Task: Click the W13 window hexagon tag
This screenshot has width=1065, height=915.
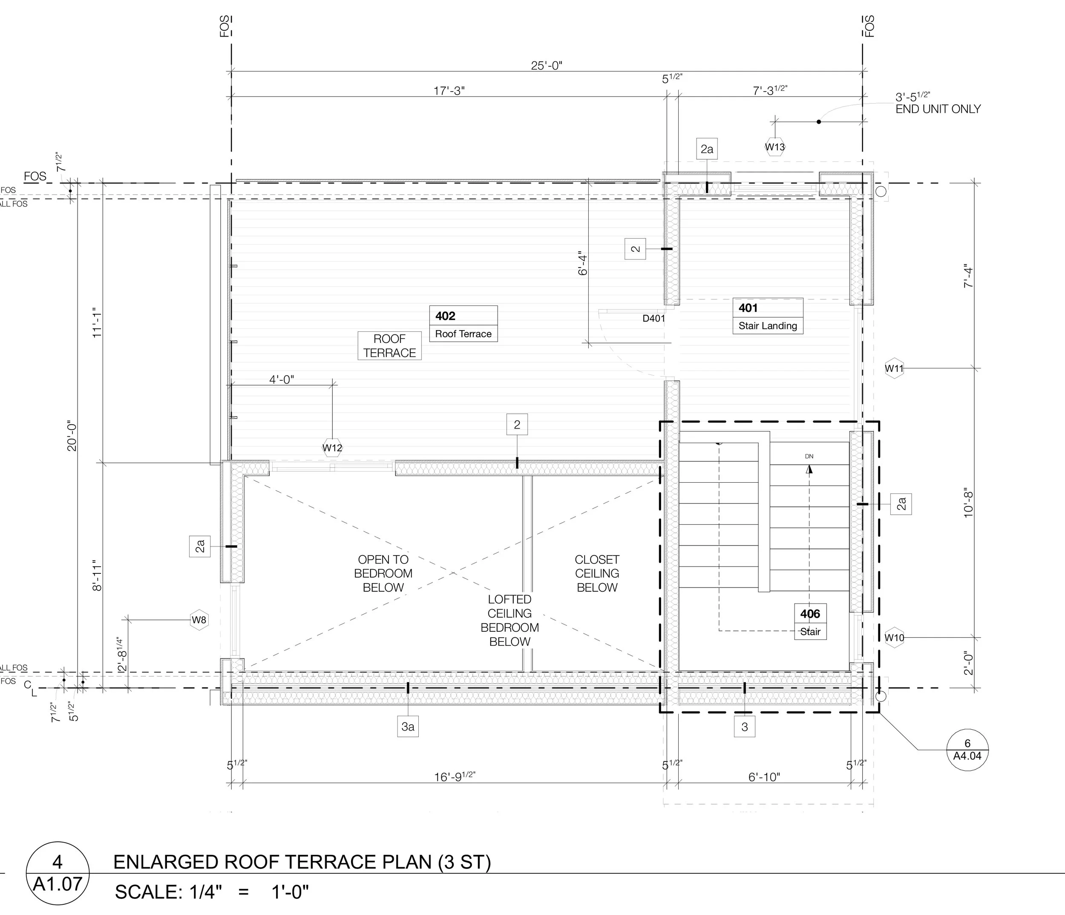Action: pyautogui.click(x=774, y=147)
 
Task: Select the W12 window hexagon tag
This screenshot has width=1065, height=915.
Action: pyautogui.click(x=332, y=448)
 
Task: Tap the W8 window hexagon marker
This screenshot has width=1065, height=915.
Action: pyautogui.click(x=199, y=620)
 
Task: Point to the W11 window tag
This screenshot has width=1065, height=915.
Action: pyautogui.click(x=894, y=368)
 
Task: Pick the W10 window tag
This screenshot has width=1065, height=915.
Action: pyautogui.click(x=894, y=637)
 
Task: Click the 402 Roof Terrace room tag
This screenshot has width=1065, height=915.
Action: pyautogui.click(x=463, y=324)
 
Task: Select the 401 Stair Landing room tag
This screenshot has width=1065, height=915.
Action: pyautogui.click(x=767, y=316)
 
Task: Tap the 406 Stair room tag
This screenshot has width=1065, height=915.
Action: pyautogui.click(x=810, y=622)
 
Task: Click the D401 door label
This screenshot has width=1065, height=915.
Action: pyautogui.click(x=654, y=318)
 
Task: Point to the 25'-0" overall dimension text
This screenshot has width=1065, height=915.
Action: pyautogui.click(x=547, y=65)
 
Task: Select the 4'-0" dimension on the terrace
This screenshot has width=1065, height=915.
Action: pyautogui.click(x=282, y=380)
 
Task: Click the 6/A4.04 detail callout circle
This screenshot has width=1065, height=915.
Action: pyautogui.click(x=967, y=750)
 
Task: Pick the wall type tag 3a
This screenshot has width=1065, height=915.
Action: pyautogui.click(x=408, y=726)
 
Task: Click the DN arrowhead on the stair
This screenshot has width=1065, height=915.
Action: pyautogui.click(x=809, y=469)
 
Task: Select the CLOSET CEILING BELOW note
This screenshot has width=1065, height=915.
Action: pyautogui.click(x=597, y=573)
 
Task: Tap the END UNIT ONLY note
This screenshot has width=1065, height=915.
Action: pyautogui.click(x=938, y=109)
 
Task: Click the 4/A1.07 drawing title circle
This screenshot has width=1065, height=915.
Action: pyautogui.click(x=58, y=873)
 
